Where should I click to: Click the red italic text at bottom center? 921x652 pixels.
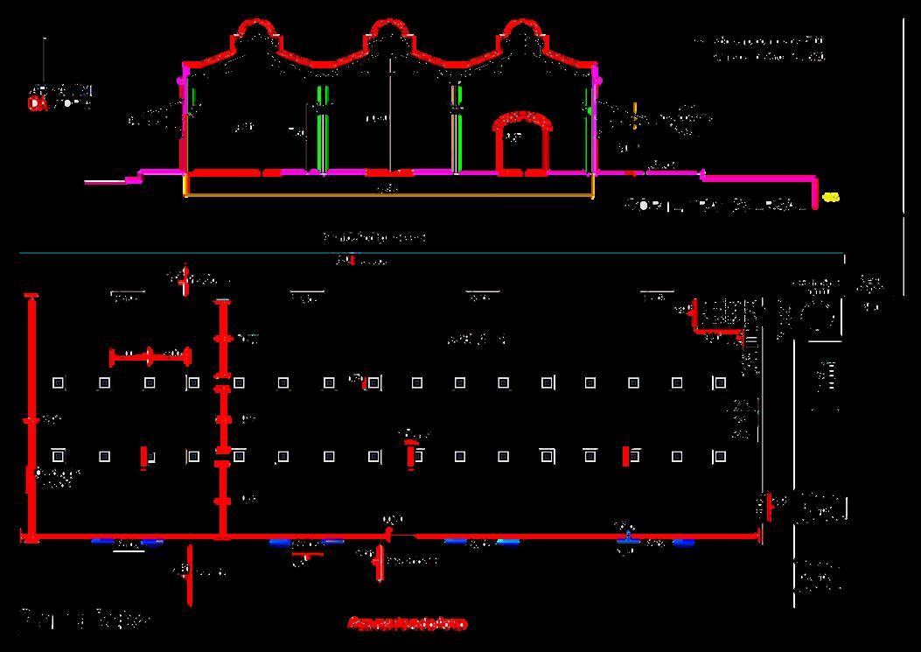tap(407, 624)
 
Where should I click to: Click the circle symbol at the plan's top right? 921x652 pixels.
tap(819, 316)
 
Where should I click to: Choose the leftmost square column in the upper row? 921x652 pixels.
tap(58, 382)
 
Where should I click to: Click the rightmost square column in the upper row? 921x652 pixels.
tap(720, 382)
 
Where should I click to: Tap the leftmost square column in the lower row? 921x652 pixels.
tap(58, 456)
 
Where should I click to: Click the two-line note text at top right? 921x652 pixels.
tap(761, 49)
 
